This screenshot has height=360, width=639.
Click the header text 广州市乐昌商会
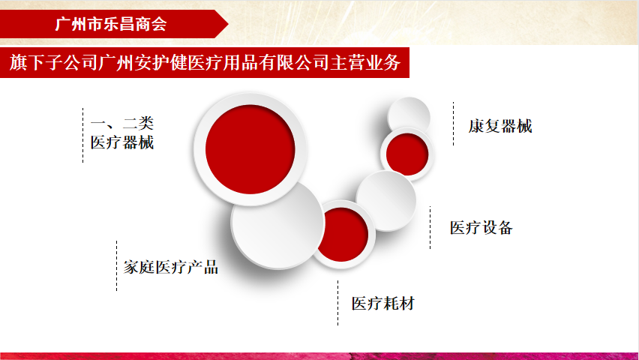111,24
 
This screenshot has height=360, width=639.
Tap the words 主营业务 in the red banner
365,62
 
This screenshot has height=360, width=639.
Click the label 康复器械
500,126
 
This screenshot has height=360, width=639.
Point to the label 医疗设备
481,227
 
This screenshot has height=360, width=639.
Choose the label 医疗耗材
383,303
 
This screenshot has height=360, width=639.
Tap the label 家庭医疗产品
171,267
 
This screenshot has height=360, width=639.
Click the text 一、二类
121,123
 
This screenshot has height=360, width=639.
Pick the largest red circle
250,149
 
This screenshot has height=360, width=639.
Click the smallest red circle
406,154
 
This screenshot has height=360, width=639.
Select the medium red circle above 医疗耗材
342,235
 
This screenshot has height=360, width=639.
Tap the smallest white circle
408,118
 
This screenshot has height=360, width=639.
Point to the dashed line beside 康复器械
453,124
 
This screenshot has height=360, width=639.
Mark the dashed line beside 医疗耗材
337,303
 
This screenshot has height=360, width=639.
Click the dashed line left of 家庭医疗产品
116,265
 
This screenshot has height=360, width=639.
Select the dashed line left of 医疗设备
430,227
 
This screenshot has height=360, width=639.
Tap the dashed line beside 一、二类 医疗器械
82,135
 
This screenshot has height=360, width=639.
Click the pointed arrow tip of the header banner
228,24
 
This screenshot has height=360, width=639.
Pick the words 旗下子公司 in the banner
54,62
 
